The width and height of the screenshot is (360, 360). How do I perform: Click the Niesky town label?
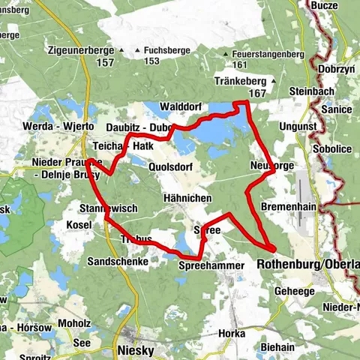tap(136, 349)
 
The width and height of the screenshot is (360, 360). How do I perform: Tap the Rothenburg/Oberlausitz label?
tap(307, 265)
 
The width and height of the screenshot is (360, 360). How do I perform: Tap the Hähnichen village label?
tap(187, 198)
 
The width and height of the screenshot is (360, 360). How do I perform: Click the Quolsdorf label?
tap(174, 166)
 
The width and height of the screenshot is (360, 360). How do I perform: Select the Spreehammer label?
tap(212, 266)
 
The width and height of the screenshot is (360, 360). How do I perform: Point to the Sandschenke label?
tap(116, 261)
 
